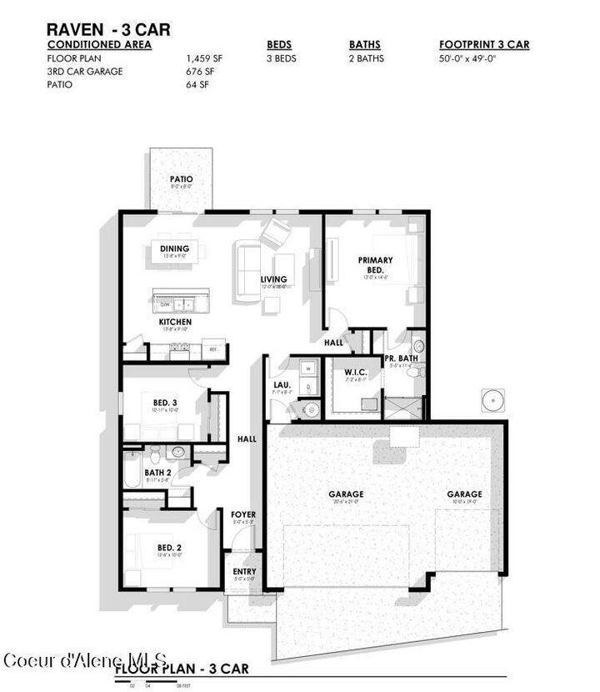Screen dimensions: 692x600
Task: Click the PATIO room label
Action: [x=181, y=178]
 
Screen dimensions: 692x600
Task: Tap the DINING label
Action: [x=175, y=248]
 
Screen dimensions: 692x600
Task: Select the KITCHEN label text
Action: [x=175, y=322]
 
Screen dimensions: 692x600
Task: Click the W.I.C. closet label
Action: [x=356, y=372]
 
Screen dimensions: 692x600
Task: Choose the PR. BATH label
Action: [x=399, y=359]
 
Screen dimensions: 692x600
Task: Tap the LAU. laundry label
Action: [x=281, y=385]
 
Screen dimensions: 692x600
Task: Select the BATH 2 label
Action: [x=157, y=472]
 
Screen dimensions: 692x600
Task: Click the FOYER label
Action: [x=242, y=514]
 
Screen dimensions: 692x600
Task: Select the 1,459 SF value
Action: [x=205, y=58]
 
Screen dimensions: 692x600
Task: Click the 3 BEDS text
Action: [x=282, y=58]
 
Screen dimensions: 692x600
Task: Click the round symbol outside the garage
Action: [x=495, y=399]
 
